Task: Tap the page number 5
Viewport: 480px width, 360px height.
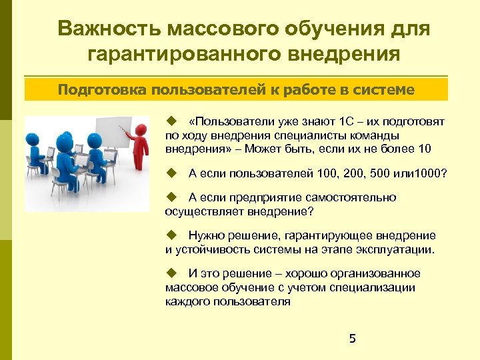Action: click(353, 339)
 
